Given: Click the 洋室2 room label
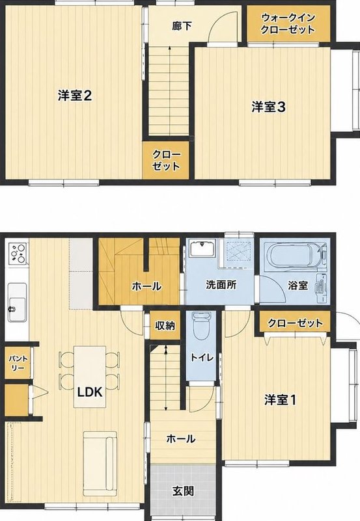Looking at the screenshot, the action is point(75,96).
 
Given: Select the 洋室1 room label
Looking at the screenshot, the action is point(280,400).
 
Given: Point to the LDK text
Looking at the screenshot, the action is point(90,392).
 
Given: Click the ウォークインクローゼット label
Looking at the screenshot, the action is point(288,23).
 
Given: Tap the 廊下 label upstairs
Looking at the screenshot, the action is point(182,26).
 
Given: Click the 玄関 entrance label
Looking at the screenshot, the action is point(183,490).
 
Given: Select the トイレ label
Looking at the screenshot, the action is point(201,357).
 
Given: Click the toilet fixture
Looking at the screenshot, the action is point(201,326).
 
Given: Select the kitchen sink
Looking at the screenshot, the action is point(17,302).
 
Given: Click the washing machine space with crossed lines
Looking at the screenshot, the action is point(239,251).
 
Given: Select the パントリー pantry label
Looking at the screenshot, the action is point(18,363).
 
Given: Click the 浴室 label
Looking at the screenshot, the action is point(298,285).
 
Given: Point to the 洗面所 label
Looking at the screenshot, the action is point(221,285).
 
